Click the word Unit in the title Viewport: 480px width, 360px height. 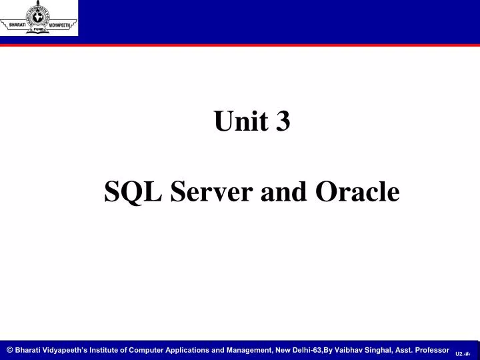tap(237, 122)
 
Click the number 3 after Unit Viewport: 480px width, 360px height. tap(283, 122)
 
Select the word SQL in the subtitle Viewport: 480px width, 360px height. tap(133, 193)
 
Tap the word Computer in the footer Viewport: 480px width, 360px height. tap(147, 350)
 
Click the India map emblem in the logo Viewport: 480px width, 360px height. tap(39, 15)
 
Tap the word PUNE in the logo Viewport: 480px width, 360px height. tap(39, 29)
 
